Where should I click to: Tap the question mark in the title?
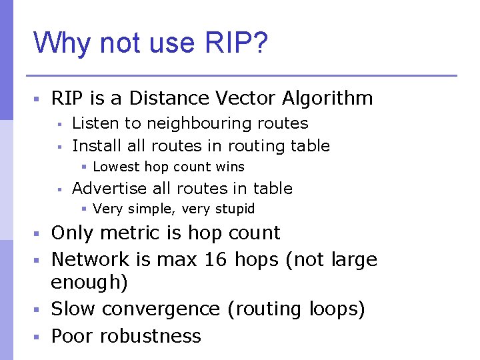(261, 43)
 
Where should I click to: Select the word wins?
(230, 167)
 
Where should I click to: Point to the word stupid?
(234, 209)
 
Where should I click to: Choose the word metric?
(141, 233)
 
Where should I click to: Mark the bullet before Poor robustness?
(38, 336)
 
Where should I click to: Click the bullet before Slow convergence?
(38, 310)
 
